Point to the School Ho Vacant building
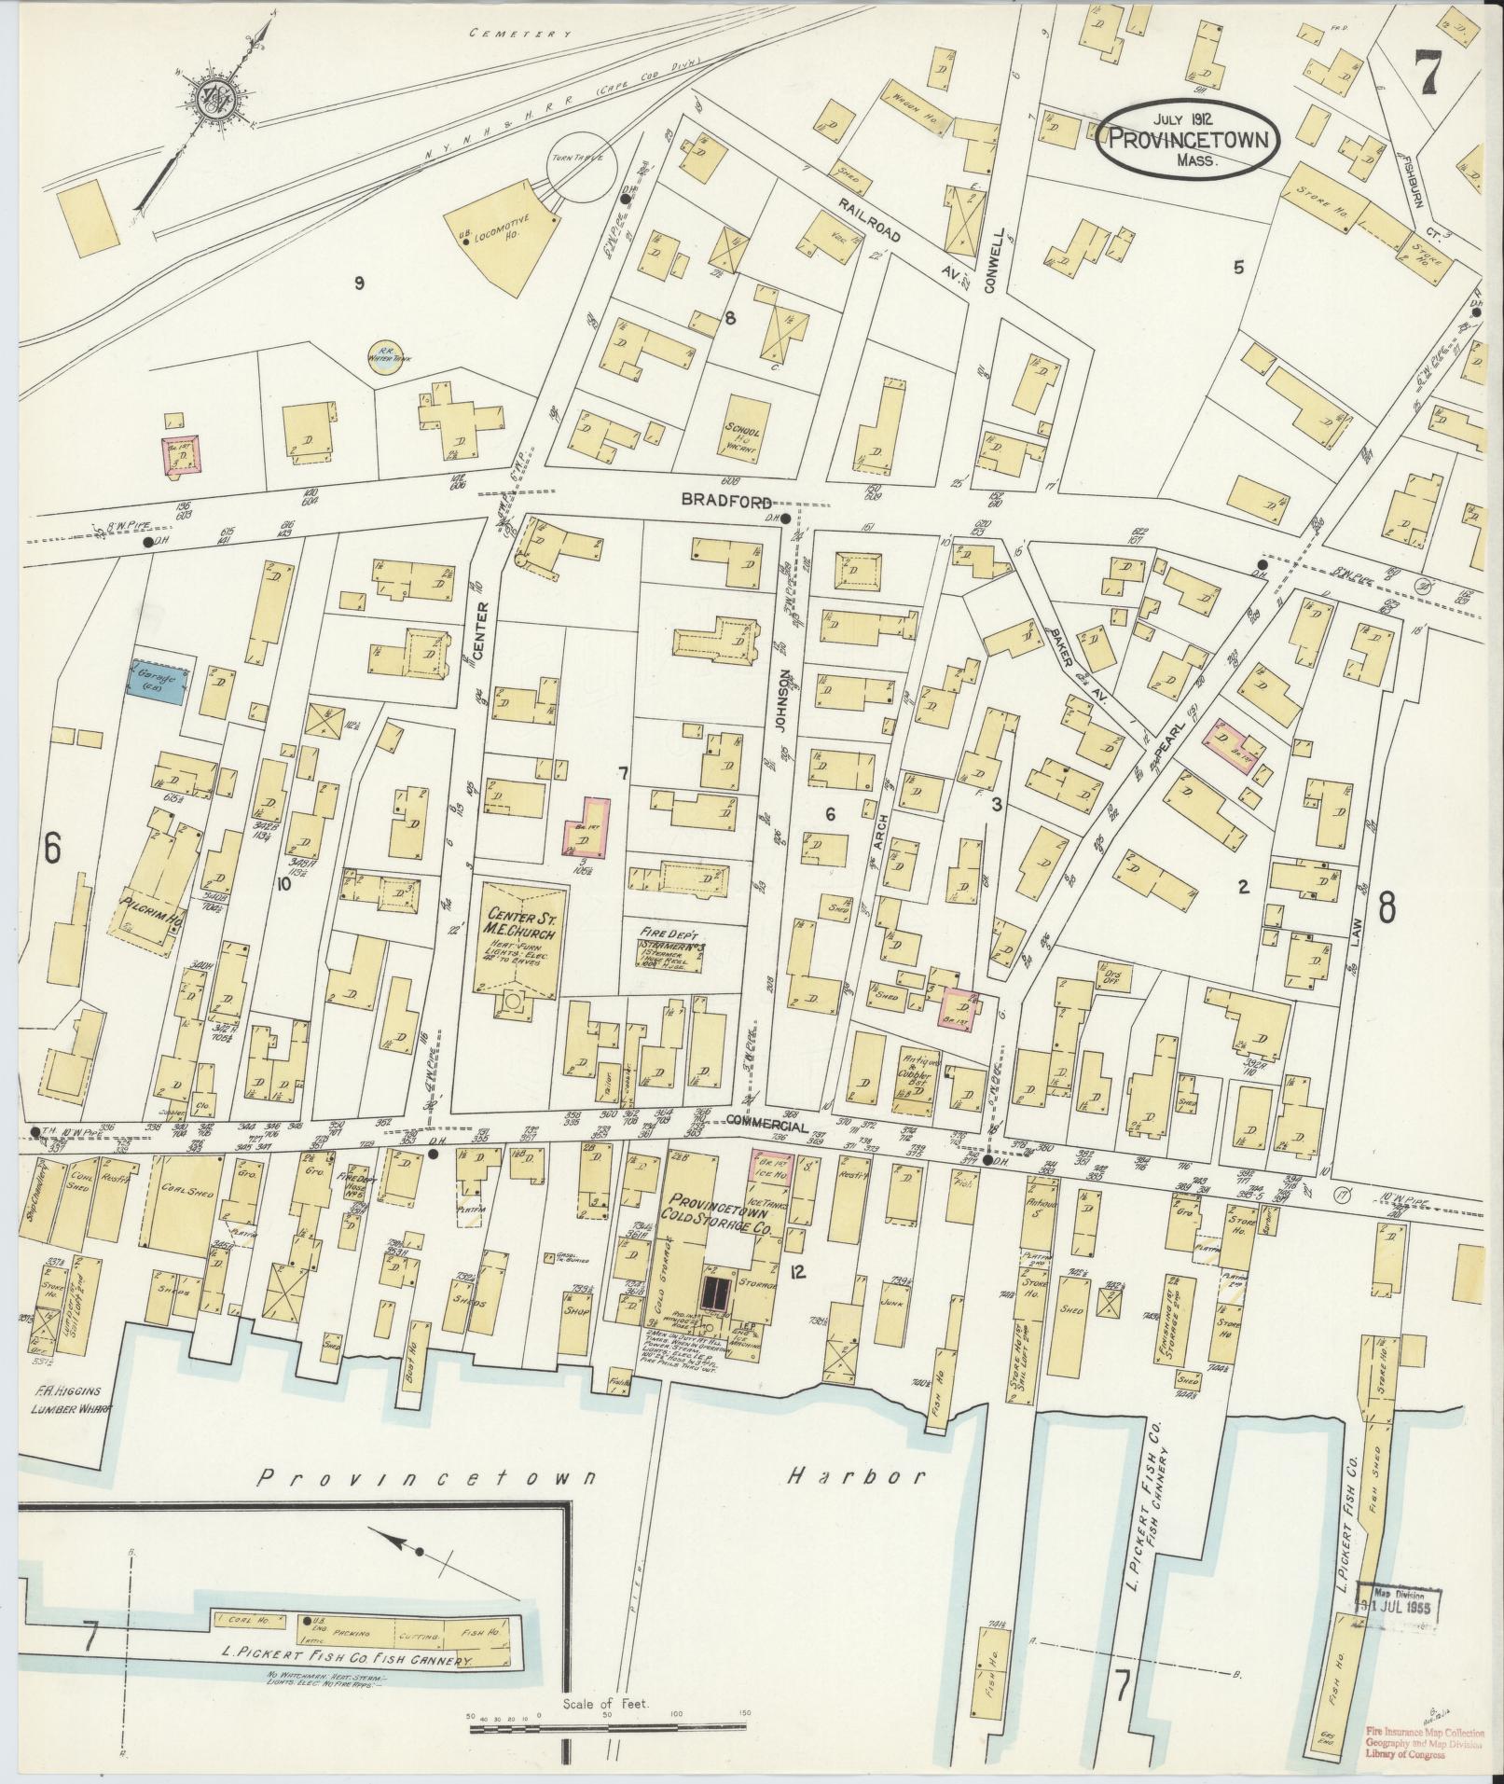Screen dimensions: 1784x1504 (744, 431)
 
